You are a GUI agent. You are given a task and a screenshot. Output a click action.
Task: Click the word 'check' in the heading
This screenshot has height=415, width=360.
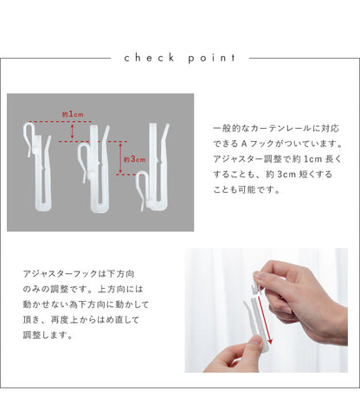point(149,58)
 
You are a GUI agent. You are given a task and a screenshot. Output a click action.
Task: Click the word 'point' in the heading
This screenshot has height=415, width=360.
point(211,59)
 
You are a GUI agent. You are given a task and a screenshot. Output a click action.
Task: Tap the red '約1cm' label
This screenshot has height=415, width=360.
point(73,114)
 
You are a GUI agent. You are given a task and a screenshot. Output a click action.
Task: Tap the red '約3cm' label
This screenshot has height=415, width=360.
point(134,159)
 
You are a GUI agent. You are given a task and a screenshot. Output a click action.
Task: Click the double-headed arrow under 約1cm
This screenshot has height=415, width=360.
point(72,131)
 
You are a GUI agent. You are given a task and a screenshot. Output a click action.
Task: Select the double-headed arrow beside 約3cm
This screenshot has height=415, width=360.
point(120,158)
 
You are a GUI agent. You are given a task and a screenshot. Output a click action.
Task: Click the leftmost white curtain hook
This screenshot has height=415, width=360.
point(37,167)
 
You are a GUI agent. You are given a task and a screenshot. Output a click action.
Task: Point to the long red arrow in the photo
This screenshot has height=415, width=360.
point(264,320)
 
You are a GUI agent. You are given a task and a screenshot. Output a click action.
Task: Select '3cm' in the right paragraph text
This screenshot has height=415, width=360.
point(286,175)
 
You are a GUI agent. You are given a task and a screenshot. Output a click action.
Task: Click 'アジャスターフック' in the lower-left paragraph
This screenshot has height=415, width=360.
point(60,274)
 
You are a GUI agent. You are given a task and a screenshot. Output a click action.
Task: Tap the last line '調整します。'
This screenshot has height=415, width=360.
point(48,335)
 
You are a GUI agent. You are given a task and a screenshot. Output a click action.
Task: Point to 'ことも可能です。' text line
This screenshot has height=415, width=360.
point(247,190)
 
